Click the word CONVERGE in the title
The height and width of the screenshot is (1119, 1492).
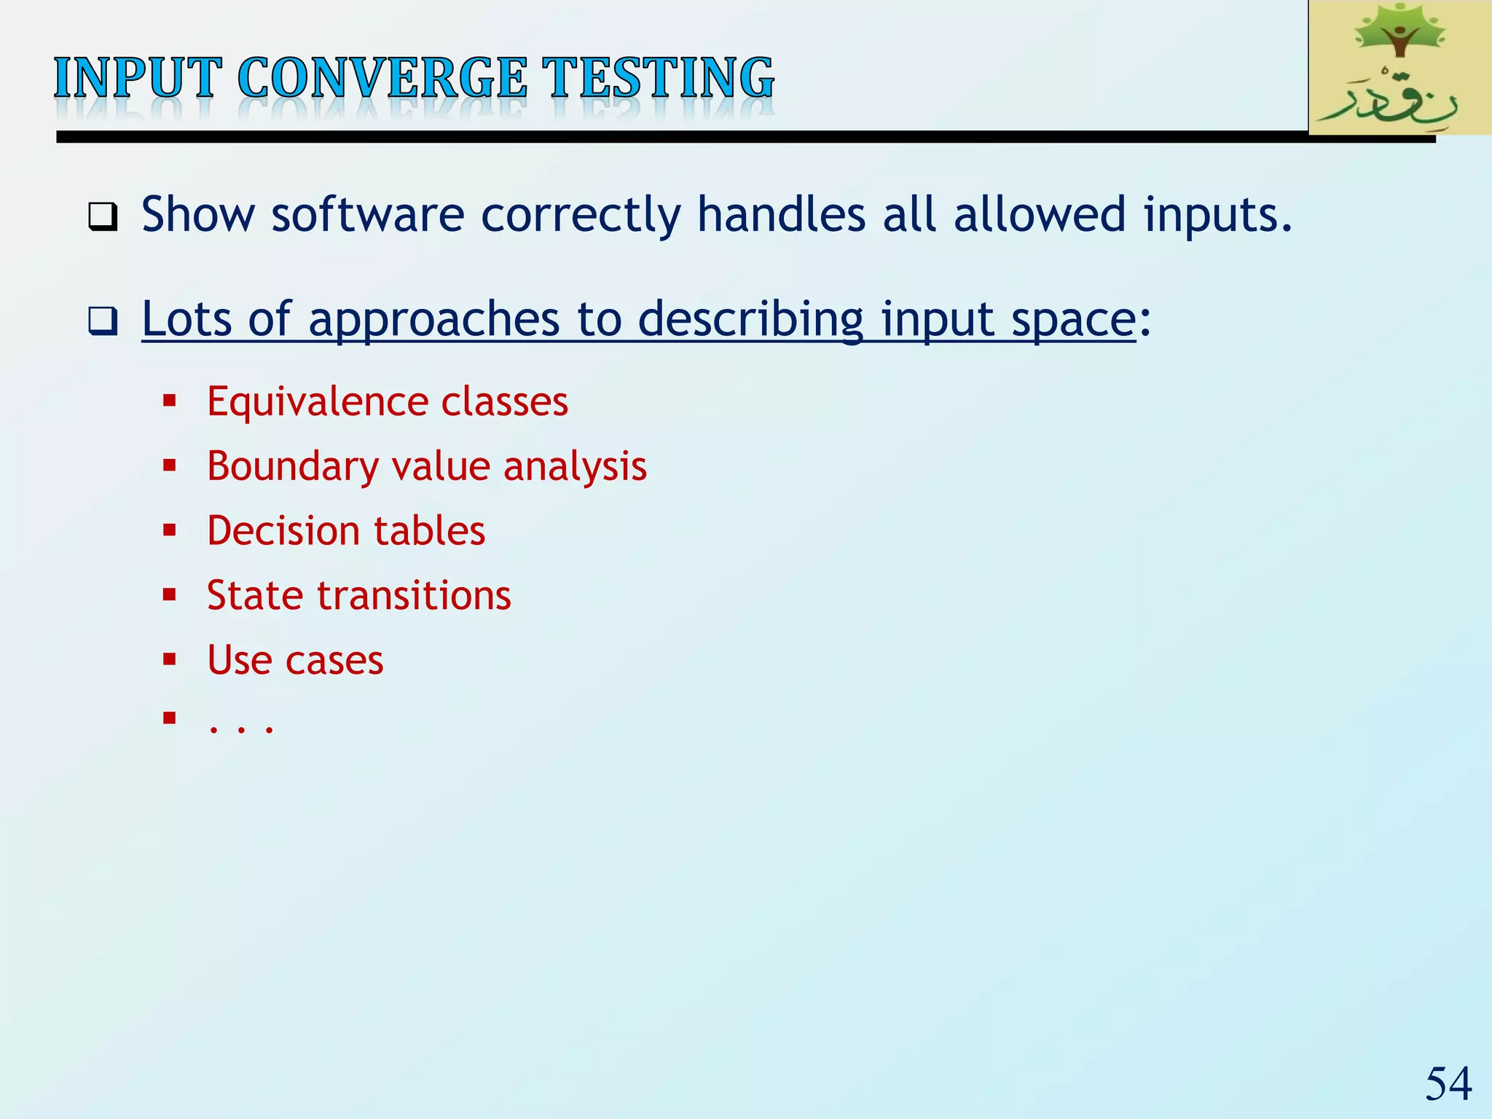(x=382, y=78)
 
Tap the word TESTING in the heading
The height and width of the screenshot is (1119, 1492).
(x=661, y=78)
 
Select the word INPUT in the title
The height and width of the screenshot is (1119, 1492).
(x=137, y=78)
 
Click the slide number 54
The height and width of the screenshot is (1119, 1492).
(x=1448, y=1083)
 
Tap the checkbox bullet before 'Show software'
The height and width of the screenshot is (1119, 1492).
(x=103, y=216)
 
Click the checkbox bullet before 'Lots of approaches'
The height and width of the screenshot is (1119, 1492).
(x=103, y=321)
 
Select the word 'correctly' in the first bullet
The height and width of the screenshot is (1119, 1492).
(x=581, y=216)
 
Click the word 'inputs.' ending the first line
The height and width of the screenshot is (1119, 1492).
(x=1217, y=216)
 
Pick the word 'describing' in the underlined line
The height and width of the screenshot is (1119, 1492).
(x=750, y=319)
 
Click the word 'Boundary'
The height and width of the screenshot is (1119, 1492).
(x=291, y=466)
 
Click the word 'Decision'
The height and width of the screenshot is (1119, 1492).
(x=280, y=530)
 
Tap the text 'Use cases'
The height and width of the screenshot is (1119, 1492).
(x=295, y=660)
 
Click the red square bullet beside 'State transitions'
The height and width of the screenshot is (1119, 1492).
(x=170, y=595)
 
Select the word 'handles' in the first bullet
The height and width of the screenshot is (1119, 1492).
(x=781, y=216)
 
